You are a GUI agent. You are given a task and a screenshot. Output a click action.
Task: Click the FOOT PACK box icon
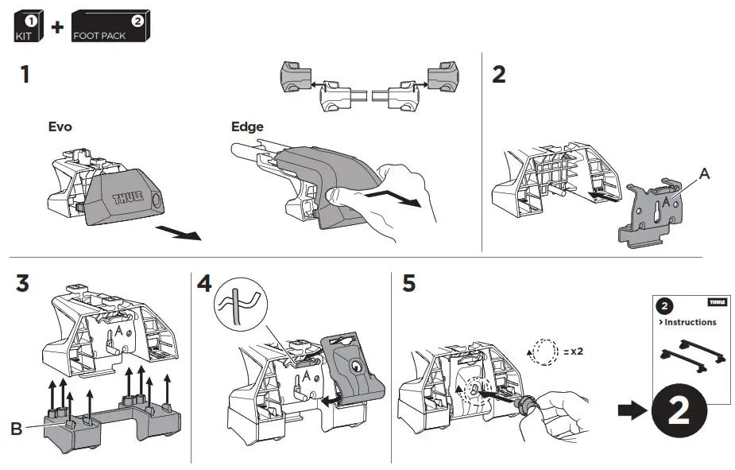point(109,26)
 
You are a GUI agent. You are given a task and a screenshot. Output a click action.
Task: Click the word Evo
point(60,126)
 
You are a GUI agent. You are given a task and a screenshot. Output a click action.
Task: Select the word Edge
point(246,126)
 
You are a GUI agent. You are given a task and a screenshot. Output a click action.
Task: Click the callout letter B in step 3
point(16,429)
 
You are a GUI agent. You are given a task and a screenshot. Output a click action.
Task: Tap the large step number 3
point(22,284)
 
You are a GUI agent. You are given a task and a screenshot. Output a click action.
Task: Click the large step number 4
point(205,284)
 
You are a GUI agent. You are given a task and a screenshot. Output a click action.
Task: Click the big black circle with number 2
point(679,411)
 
